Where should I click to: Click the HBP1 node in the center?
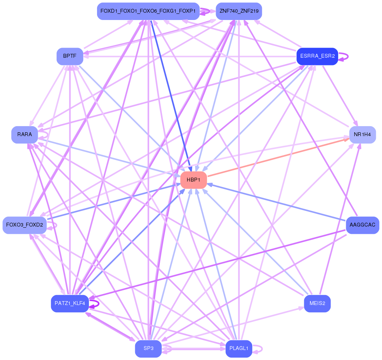coord(194,180)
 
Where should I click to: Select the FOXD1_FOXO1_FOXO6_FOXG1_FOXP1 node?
coord(148,11)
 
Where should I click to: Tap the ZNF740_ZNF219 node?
coord(239,11)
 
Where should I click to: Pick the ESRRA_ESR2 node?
coord(317,56)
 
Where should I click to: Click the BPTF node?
coord(70,56)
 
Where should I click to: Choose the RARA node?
coord(25,135)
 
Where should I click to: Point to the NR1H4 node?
coord(362,135)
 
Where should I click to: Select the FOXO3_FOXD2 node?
coord(25,225)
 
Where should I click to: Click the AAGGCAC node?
coord(362,225)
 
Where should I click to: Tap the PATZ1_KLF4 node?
coord(70,303)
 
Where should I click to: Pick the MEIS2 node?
coord(317,303)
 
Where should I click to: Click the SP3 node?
coord(148,348)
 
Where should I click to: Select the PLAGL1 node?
coord(239,348)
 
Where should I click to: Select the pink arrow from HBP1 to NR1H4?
coord(277,157)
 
